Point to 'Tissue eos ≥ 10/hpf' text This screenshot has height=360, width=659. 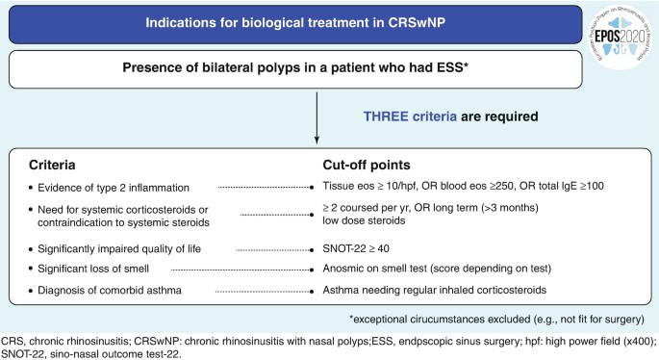point(372,186)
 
